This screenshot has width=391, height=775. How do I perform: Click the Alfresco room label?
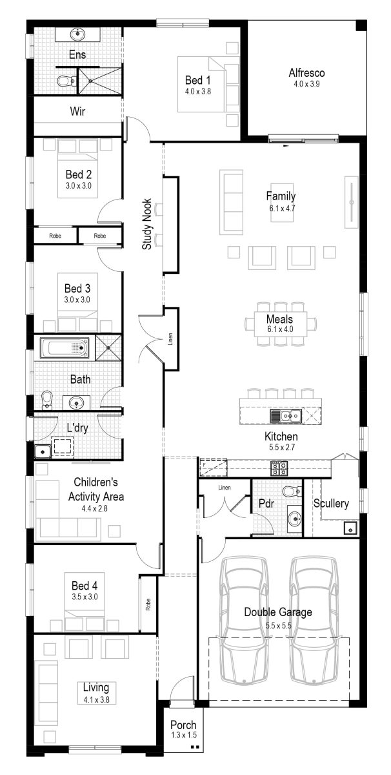click(x=306, y=73)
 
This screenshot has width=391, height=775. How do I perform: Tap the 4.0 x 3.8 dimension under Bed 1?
click(x=197, y=92)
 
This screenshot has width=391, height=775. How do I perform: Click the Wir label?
click(x=77, y=112)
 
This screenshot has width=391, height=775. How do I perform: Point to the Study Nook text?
click(x=147, y=224)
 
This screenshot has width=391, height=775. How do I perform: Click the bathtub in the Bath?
click(x=65, y=349)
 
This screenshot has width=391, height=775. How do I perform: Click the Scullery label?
click(x=331, y=503)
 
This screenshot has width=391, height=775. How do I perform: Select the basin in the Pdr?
click(x=294, y=517)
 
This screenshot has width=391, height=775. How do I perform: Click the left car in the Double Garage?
click(x=245, y=620)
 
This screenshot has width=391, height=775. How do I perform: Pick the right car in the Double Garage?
click(x=314, y=620)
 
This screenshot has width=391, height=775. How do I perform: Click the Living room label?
click(x=95, y=687)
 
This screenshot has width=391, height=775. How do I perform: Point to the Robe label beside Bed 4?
click(x=148, y=604)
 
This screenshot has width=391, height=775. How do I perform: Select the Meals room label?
click(x=279, y=319)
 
